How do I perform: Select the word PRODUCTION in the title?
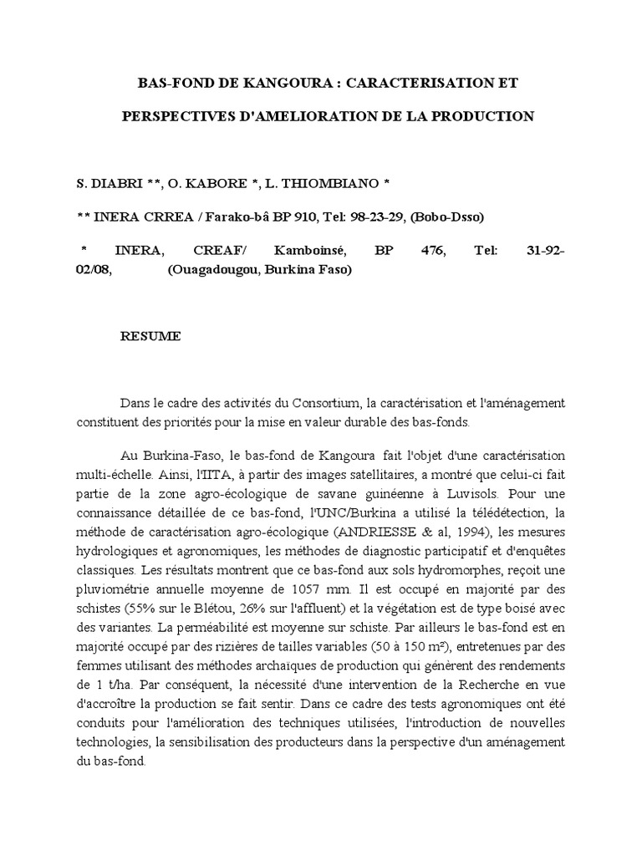pyautogui.click(x=486, y=116)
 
